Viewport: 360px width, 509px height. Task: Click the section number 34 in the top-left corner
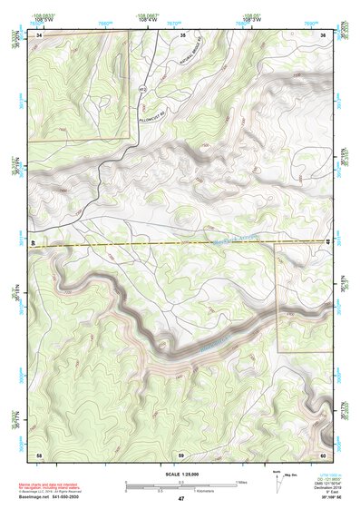tap(39, 34)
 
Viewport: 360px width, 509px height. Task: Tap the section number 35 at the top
tap(182, 34)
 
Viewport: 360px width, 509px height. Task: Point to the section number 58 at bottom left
tap(39, 454)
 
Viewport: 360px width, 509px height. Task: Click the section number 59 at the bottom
tap(181, 454)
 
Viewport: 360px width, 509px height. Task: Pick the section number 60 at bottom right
tap(323, 454)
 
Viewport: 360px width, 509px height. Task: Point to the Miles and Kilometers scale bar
tap(180, 485)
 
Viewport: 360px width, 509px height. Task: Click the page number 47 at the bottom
tap(180, 499)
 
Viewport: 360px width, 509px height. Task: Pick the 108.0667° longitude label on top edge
tap(147, 15)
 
